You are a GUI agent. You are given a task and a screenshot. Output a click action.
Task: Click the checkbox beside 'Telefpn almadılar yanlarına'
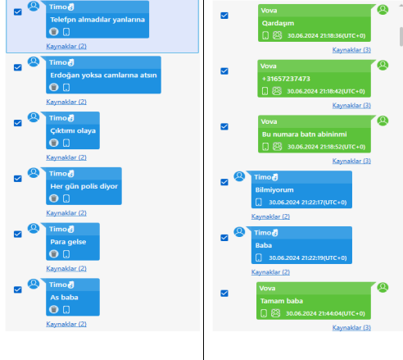coord(18,12)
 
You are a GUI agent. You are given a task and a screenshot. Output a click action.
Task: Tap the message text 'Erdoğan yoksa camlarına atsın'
coord(103,75)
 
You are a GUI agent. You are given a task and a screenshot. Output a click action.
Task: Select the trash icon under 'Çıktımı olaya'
coord(54,143)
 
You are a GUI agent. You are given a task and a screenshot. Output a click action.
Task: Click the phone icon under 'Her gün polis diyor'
coord(66,198)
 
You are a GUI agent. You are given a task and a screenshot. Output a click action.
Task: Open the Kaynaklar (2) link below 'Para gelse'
coord(66,268)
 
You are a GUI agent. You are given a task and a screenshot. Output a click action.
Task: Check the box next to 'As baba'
coord(18,289)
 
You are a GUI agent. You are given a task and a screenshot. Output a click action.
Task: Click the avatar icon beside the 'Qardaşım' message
coord(383,10)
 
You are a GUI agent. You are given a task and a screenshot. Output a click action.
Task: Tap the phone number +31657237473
coord(286,79)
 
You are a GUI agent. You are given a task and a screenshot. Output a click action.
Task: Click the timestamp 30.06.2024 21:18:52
coord(326,147)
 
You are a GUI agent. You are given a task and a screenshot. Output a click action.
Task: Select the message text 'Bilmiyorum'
coord(274,190)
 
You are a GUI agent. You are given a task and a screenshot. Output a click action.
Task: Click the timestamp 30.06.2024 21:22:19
coord(308,257)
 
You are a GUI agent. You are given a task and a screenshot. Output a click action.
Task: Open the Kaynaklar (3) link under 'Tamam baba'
coord(351,327)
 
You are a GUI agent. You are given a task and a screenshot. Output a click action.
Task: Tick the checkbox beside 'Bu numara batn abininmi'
coord(224,126)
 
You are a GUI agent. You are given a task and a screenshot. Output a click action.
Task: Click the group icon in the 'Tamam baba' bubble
coord(275,313)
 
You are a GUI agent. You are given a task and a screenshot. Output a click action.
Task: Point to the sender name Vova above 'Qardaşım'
coord(269,11)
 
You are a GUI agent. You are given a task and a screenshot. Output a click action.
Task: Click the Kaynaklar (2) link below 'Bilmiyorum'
coord(270,216)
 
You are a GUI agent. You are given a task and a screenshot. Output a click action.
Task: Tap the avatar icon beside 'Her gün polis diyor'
coord(34,173)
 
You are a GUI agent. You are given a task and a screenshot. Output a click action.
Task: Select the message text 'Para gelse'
coord(68,242)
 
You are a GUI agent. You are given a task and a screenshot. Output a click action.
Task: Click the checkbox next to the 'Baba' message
coord(224,238)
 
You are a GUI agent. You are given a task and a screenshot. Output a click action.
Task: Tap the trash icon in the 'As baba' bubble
coord(54,309)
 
